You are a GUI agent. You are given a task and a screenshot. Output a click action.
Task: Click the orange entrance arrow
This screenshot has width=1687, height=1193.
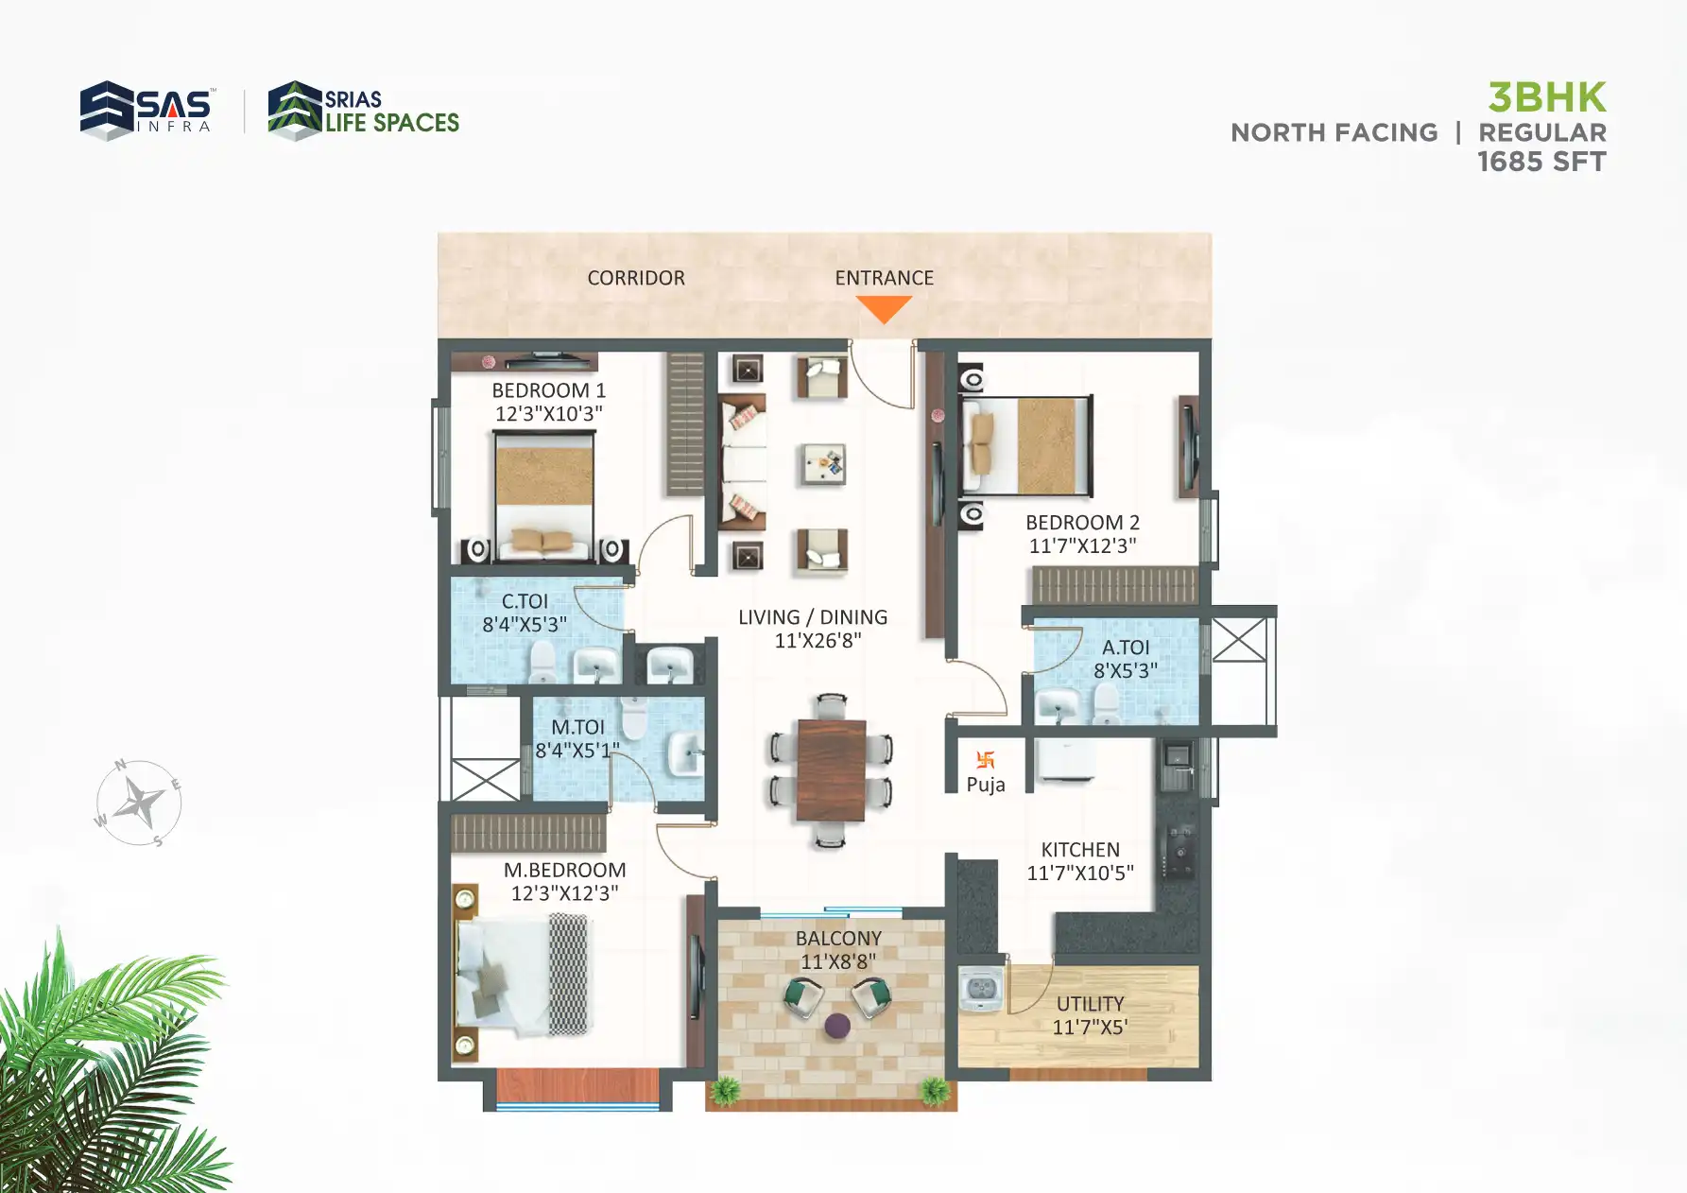coord(884,307)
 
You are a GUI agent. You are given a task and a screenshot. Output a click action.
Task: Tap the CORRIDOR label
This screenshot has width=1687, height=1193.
coord(635,278)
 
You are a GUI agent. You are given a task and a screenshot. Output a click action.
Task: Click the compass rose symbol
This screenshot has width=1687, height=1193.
coord(139,804)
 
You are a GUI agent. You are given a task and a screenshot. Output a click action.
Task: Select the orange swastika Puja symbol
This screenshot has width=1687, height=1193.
coord(985,759)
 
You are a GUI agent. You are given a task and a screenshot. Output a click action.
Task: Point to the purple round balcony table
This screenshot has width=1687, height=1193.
coord(837,1026)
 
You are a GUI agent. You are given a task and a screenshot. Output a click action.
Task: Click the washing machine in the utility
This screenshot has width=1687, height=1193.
coord(981,989)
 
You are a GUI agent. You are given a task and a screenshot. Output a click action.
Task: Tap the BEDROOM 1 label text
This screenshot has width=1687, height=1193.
coord(548,390)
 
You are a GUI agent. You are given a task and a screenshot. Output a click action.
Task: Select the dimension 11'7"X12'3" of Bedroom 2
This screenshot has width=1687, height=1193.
coord(1082,545)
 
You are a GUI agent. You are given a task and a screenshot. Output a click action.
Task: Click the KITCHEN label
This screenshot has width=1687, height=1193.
coord(1079,850)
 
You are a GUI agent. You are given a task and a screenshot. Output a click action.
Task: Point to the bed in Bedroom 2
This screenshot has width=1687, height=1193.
coord(1025,445)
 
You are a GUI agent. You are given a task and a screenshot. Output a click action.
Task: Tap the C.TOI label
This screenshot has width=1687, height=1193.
coord(525,601)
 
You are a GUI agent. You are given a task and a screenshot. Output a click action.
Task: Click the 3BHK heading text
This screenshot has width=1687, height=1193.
coord(1546,97)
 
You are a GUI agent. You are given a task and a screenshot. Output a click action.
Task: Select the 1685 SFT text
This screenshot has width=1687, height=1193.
coord(1541,162)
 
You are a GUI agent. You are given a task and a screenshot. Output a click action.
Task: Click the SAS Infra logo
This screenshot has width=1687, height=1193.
coord(146,110)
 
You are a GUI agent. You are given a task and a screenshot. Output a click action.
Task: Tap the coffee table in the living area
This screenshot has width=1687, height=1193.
coord(821,464)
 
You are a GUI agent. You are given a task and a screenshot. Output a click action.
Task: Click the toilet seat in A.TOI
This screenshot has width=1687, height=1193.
coord(1106,703)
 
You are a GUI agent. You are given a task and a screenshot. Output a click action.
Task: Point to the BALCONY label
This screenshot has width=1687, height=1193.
coord(838,939)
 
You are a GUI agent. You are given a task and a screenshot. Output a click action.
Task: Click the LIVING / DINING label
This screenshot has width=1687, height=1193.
coord(813,617)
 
